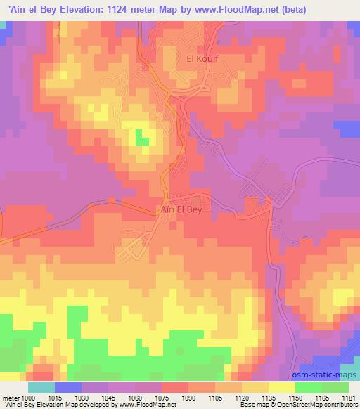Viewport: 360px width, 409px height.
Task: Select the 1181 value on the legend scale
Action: [348, 397]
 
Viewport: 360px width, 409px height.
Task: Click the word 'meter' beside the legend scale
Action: [10, 397]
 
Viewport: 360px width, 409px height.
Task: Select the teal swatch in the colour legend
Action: [41, 387]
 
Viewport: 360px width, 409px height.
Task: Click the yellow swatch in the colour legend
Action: [281, 387]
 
